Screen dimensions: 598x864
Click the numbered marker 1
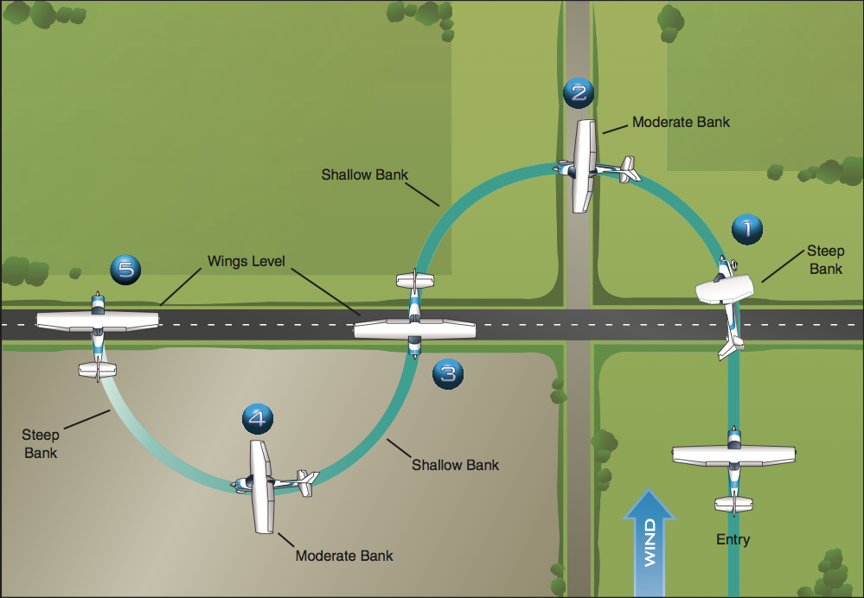pyautogui.click(x=747, y=229)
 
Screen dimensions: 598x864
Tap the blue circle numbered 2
pyautogui.click(x=578, y=92)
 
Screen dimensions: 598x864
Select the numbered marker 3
pyautogui.click(x=447, y=374)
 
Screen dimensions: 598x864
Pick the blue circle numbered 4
pyautogui.click(x=257, y=419)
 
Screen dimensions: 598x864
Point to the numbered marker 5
pyautogui.click(x=126, y=270)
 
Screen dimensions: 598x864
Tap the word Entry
pyautogui.click(x=733, y=540)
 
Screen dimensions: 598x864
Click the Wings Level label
pyautogui.click(x=246, y=260)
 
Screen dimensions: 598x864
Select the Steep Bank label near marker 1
pyautogui.click(x=825, y=260)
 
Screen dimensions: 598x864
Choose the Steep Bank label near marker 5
pyautogui.click(x=41, y=443)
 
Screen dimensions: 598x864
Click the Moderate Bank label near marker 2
pyautogui.click(x=681, y=122)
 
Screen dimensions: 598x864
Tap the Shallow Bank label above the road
pyautogui.click(x=364, y=175)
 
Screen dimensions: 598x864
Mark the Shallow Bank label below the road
pyautogui.click(x=455, y=465)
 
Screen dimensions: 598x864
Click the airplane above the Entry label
pyautogui.click(x=734, y=467)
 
